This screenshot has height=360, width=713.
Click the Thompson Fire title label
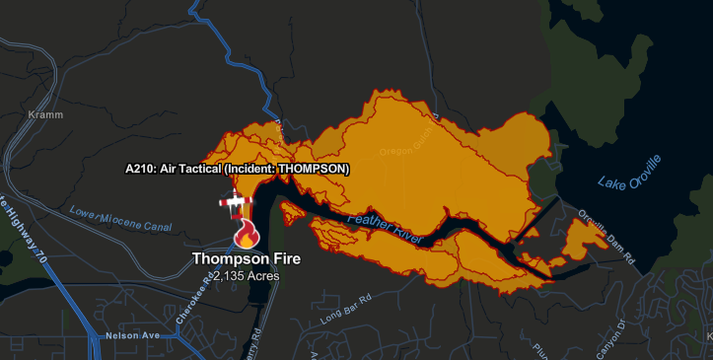coord(246,259)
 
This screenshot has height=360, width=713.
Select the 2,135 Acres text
coord(246,276)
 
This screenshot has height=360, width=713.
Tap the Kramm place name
coord(45,115)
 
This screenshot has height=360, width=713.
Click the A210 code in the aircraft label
coord(140,169)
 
